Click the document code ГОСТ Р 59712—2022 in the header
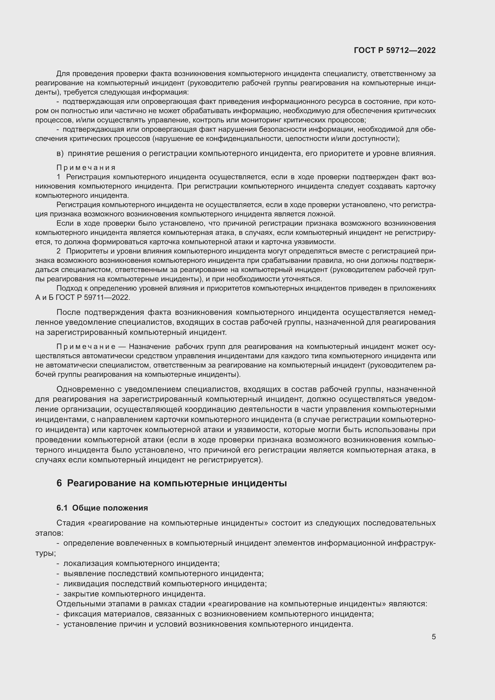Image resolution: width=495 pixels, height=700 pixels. click(x=395, y=50)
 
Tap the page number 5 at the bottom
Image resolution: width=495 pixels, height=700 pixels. click(x=433, y=637)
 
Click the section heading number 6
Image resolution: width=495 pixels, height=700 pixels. click(x=59, y=483)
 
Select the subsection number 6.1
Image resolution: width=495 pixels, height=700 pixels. click(x=62, y=508)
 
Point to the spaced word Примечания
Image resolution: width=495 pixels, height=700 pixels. click(x=86, y=168)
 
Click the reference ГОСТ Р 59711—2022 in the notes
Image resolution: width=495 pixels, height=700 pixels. click(x=93, y=297)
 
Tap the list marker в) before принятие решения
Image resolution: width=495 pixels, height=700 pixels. click(x=60, y=153)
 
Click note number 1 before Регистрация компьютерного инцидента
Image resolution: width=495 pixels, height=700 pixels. click(x=59, y=177)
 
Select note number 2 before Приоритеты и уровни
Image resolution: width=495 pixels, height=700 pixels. click(x=59, y=251)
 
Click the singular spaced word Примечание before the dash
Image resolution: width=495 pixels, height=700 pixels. click(x=86, y=347)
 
